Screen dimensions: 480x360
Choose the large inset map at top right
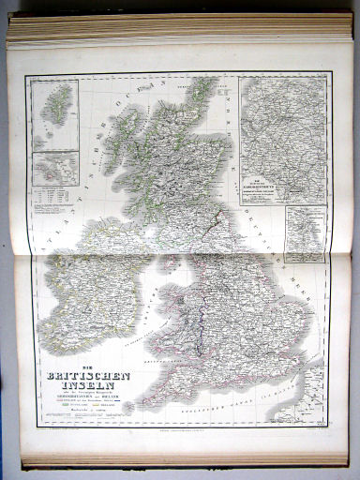pos(282,138)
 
